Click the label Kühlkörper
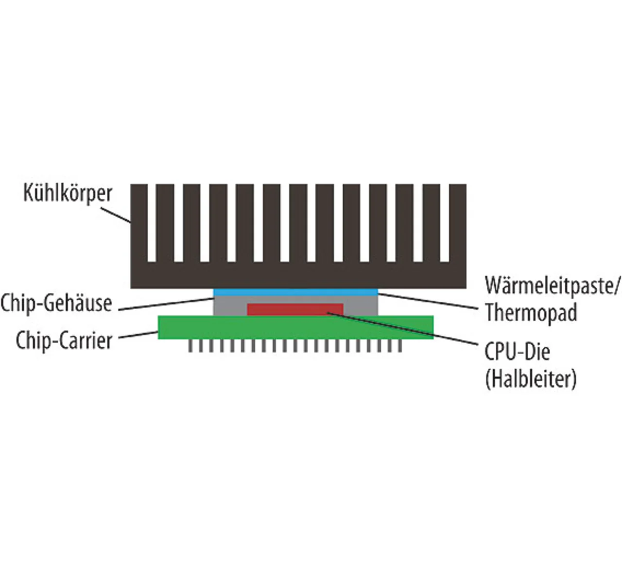tap(68, 193)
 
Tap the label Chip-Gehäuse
tap(56, 303)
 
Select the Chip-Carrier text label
tap(64, 340)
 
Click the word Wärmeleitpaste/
tap(553, 286)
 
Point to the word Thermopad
tap(531, 312)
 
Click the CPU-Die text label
tap(517, 351)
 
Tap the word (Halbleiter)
tap(531, 379)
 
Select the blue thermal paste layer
tap(296, 292)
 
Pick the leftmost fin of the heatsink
tap(139, 223)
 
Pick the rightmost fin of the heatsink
tap(458, 223)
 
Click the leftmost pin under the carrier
tap(190, 345)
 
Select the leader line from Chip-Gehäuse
tap(165, 304)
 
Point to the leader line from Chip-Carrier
tap(138, 335)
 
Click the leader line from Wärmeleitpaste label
tap(428, 300)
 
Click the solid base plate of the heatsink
tap(298, 275)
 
